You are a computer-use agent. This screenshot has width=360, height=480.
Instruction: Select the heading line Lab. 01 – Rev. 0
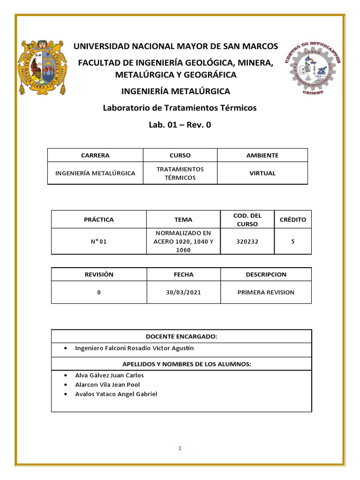tap(180, 125)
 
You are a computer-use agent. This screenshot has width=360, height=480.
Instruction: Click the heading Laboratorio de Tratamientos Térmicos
tap(180, 108)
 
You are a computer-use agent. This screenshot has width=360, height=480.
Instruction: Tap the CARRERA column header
tap(95, 155)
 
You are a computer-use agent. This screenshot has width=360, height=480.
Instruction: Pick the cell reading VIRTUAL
tap(262, 173)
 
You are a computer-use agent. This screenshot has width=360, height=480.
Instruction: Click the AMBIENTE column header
tap(262, 155)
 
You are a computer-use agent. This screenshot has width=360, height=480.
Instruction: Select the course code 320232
tap(247, 241)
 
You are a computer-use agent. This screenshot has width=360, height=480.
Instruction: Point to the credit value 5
tap(292, 241)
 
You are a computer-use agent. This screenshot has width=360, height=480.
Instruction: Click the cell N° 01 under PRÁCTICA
tap(99, 241)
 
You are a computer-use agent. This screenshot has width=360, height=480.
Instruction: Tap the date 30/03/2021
tap(183, 292)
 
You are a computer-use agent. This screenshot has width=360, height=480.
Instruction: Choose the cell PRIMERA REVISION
tap(266, 292)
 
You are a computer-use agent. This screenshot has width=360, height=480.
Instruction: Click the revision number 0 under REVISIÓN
tap(99, 292)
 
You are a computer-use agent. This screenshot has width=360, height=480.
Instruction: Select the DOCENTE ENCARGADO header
tap(181, 337)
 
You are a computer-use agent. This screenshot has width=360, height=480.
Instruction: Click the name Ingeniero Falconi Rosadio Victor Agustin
tap(134, 348)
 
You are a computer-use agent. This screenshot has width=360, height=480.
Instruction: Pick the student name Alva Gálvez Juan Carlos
tap(109, 375)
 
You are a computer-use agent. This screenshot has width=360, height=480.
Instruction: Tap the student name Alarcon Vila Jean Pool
tap(107, 385)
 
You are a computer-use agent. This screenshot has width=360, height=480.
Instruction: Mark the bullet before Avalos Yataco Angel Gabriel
tap(65, 394)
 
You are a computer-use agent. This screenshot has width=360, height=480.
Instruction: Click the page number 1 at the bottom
tap(180, 448)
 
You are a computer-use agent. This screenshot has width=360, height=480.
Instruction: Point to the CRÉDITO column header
tap(292, 219)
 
